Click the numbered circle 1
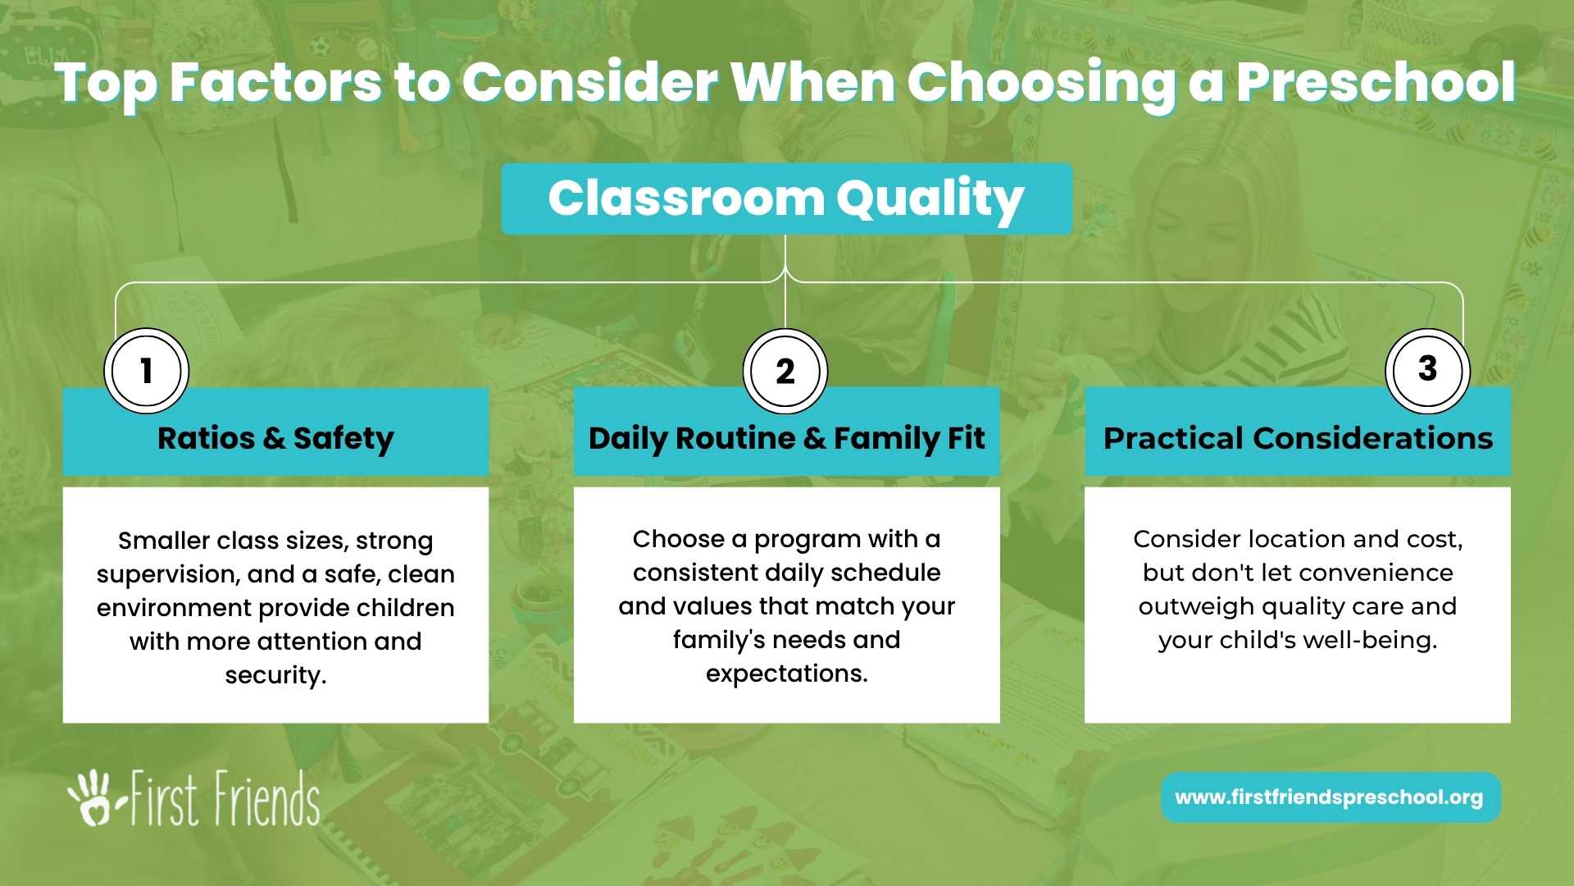pos(147,371)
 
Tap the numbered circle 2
pos(785,372)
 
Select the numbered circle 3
pos(1427,371)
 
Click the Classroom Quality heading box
pos(787,199)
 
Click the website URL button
pos(1331,797)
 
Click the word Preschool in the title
pos(1376,84)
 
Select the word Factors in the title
pos(275,84)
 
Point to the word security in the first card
pos(275,676)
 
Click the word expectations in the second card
pos(787,674)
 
